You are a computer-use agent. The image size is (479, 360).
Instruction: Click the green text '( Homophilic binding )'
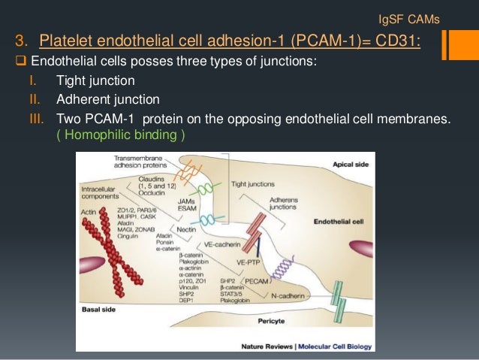[x=121, y=135]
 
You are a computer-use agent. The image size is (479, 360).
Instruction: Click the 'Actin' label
[x=91, y=213]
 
